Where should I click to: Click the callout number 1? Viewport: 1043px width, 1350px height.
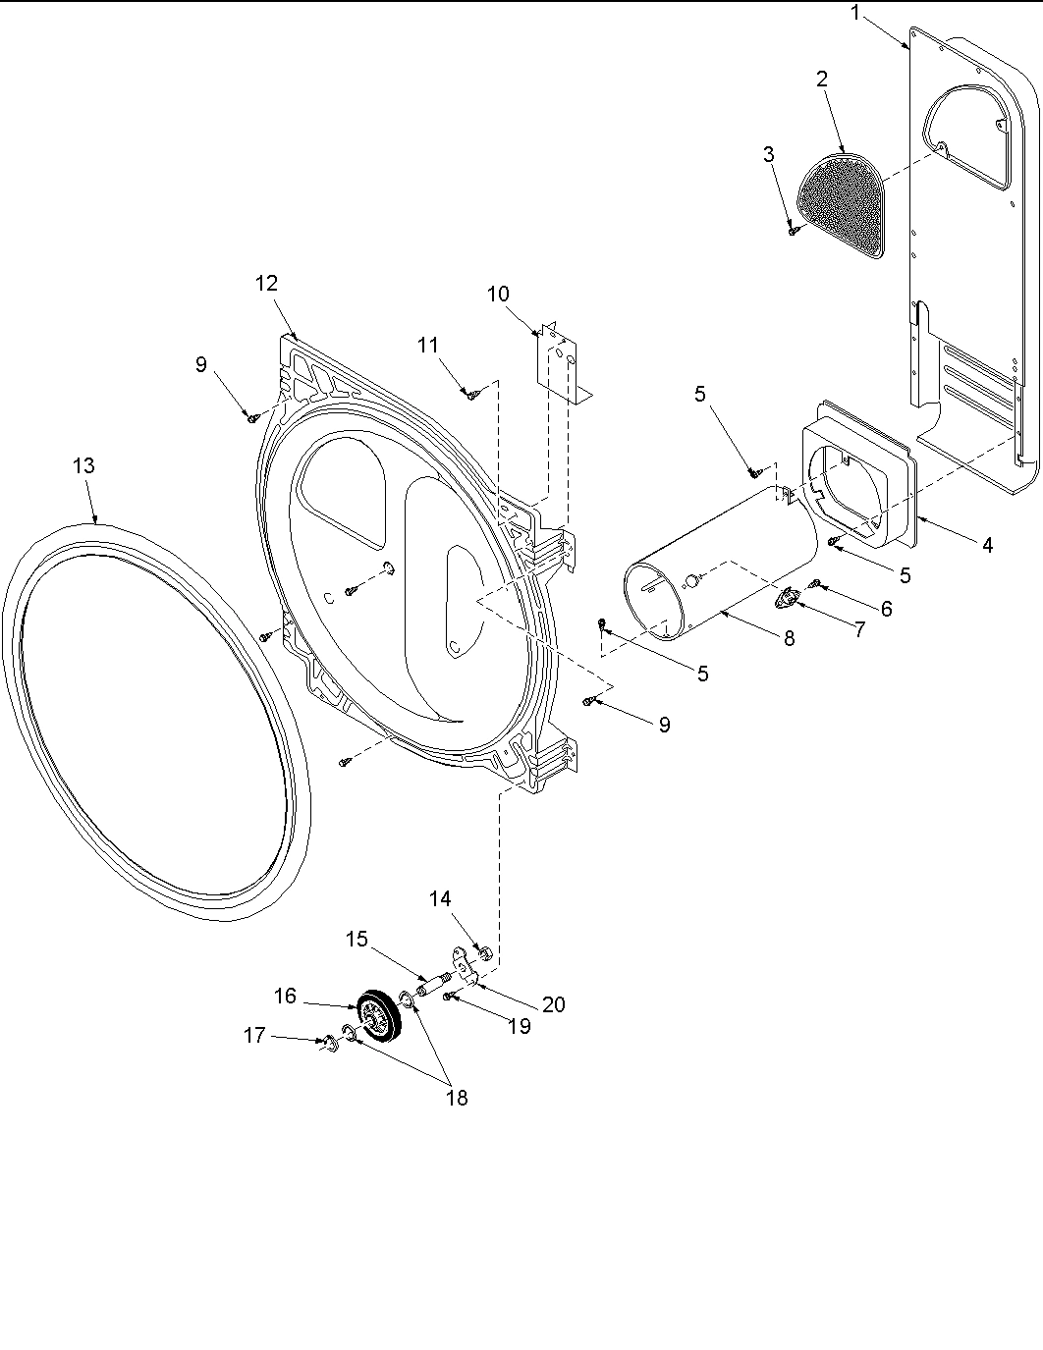855,13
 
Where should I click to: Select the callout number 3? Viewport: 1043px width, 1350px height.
768,154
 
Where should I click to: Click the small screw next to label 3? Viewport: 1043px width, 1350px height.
793,232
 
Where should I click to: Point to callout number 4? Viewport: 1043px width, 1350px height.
987,545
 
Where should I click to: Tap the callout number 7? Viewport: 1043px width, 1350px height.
859,629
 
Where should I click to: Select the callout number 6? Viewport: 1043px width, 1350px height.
886,610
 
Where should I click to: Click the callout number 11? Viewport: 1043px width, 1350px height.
427,345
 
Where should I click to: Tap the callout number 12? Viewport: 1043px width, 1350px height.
266,284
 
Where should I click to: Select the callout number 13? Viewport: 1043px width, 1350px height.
84,465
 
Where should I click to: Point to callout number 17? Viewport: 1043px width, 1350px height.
254,1035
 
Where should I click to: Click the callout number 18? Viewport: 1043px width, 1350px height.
457,1098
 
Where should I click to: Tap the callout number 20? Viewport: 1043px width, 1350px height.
554,1004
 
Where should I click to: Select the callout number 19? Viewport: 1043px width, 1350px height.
519,1026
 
